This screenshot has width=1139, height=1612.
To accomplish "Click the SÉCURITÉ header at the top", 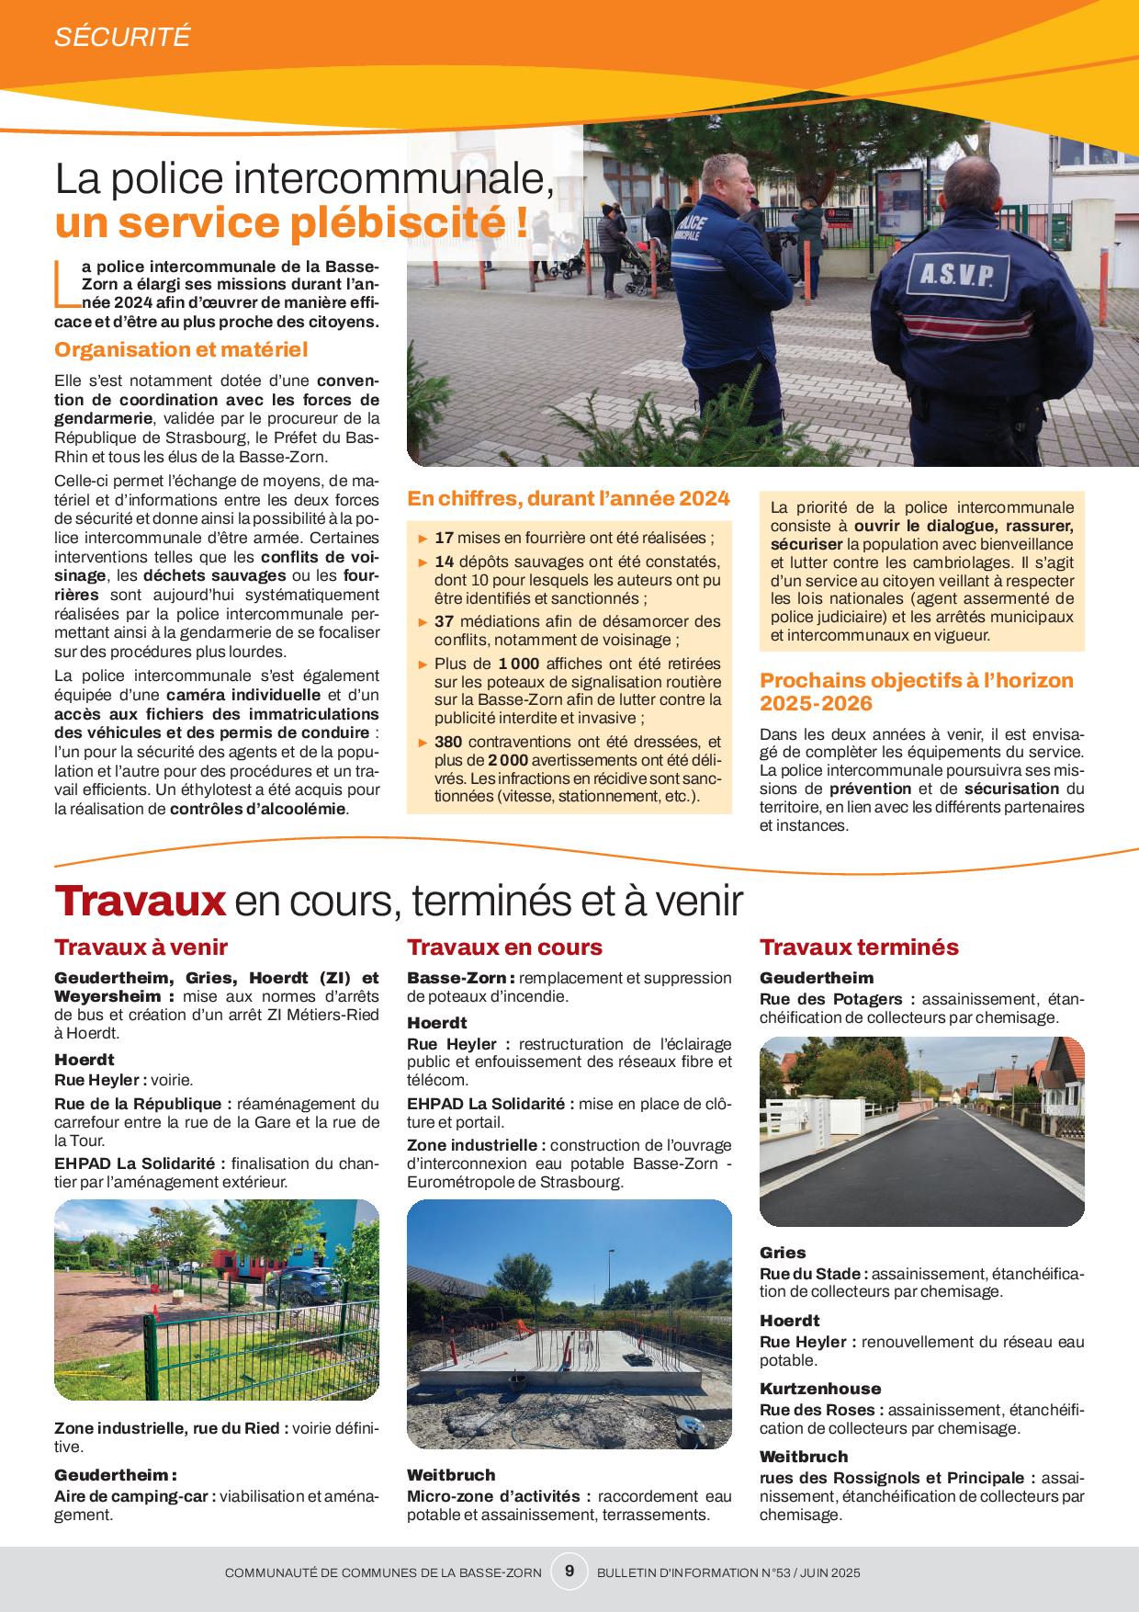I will point(122,37).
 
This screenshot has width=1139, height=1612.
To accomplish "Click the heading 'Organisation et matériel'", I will point(181,349).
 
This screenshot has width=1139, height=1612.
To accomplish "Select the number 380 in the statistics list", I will point(448,742).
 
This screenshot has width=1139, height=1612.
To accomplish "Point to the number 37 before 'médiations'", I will point(445,622).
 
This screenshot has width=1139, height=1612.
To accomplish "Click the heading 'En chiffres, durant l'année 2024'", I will point(569,499).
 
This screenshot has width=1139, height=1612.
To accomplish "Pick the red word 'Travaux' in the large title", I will point(140,901).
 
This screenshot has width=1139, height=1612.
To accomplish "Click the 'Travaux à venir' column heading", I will point(141,948).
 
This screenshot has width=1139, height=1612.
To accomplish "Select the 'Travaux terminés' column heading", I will point(859,948).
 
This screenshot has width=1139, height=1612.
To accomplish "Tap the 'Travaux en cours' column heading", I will point(504,948).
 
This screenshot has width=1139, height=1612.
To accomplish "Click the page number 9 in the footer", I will point(569,1572).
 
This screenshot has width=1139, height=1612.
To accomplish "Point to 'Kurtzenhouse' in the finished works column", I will point(820,1389).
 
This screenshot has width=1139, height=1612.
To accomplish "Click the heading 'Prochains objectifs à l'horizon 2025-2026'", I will point(916,692).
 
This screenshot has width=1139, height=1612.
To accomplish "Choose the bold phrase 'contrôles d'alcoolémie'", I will point(258,809).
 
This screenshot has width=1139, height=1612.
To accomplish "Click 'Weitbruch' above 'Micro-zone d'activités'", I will point(451,1475).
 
